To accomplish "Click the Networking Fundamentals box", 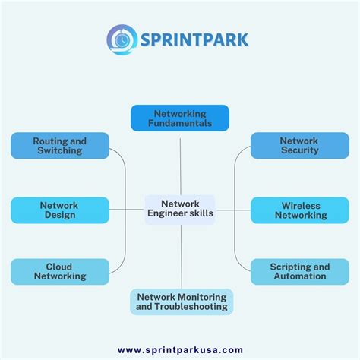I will click(180, 118).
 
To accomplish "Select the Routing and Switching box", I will click(60, 146).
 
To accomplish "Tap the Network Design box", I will click(60, 210).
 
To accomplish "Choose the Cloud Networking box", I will click(60, 272).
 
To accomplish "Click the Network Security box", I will click(299, 146).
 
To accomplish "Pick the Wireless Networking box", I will click(299, 210).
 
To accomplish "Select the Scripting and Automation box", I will click(299, 272).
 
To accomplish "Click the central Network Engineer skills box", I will click(180, 209).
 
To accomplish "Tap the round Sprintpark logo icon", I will click(121, 39).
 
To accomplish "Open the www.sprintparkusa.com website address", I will click(180, 350).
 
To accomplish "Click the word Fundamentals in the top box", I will click(180, 123).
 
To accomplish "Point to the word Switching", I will click(60, 151).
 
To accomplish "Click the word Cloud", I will click(60, 267).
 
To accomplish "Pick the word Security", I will click(299, 151).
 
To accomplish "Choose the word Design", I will click(60, 216).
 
